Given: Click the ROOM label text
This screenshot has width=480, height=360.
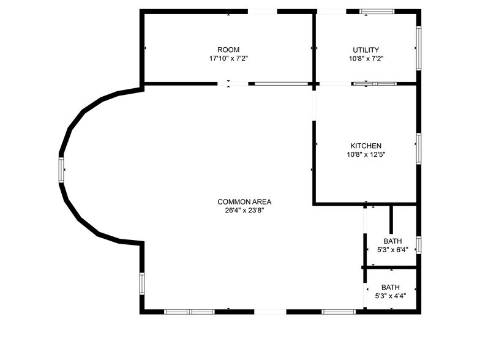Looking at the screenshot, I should [x=228, y=50].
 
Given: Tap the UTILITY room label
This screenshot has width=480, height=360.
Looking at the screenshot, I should [x=366, y=50].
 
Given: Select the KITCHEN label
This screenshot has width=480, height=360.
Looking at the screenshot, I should [x=366, y=146].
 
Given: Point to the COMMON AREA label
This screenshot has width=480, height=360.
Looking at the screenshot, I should [x=244, y=201].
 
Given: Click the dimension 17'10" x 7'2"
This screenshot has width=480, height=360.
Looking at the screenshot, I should [x=228, y=59].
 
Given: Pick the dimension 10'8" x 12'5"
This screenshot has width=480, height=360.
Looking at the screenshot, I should [x=366, y=154].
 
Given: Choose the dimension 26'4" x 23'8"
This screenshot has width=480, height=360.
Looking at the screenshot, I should [x=244, y=210].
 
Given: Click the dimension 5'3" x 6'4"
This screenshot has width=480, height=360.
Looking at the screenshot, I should [x=392, y=250].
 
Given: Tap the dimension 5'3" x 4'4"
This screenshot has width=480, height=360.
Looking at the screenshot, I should [x=391, y=296].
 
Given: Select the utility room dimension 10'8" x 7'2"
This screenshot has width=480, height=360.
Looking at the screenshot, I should [x=366, y=59].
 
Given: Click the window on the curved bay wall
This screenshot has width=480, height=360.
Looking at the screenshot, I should [x=61, y=169].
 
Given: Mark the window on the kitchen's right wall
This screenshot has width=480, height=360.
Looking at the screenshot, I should [x=419, y=148].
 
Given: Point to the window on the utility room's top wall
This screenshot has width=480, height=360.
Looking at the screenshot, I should [x=377, y=11].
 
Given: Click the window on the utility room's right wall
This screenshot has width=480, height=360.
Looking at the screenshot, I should [x=419, y=48].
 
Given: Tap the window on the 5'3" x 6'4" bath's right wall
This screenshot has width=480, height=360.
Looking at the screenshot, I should [x=419, y=244].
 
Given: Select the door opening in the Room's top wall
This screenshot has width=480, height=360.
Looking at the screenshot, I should [x=262, y=11].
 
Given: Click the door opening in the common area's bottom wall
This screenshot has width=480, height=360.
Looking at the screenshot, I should [x=270, y=312].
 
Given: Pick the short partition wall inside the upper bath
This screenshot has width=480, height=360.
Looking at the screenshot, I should [x=391, y=220].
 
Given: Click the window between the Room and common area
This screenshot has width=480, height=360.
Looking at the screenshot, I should [x=281, y=83].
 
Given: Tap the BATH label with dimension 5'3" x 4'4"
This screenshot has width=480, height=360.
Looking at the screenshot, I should [x=391, y=287].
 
